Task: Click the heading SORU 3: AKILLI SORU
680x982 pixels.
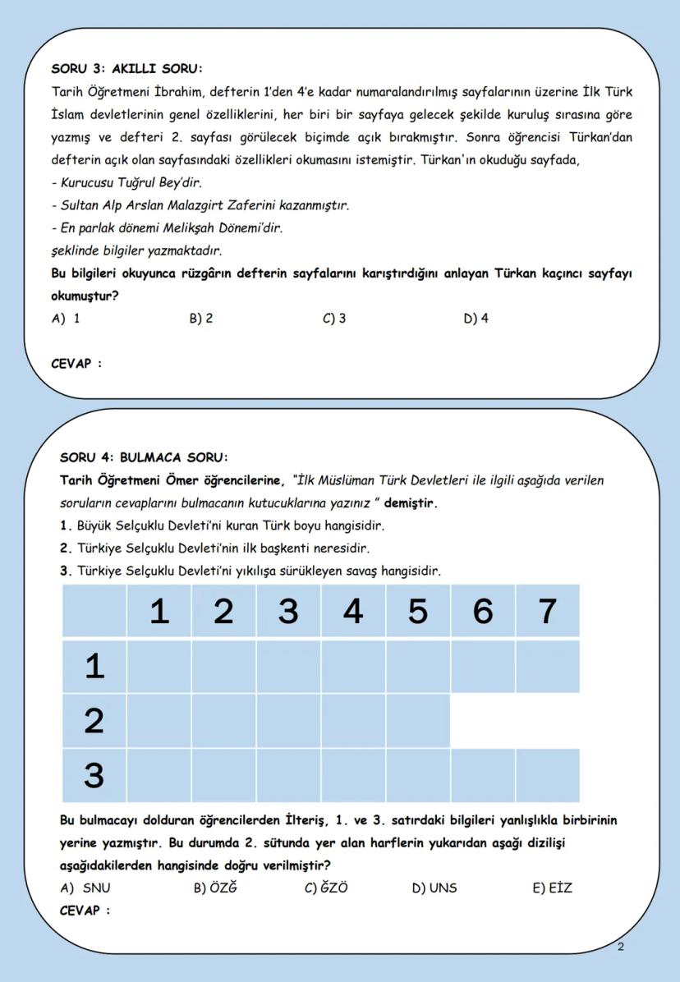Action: [x=126, y=68]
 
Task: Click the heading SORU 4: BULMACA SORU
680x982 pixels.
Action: [x=144, y=457]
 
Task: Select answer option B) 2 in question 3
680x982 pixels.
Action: [x=201, y=319]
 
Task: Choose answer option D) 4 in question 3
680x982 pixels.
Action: [x=476, y=319]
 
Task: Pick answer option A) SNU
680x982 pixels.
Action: [x=86, y=888]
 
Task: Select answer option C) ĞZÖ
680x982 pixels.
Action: [x=326, y=888]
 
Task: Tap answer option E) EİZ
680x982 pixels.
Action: [x=552, y=888]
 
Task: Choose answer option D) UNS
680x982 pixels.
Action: [x=434, y=888]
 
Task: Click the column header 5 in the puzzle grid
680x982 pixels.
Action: [x=418, y=612]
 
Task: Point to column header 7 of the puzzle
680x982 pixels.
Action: [x=547, y=612]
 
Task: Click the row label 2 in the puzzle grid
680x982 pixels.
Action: [x=94, y=721]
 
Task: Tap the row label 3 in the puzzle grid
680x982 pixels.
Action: [x=94, y=775]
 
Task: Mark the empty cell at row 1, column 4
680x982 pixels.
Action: [x=353, y=667]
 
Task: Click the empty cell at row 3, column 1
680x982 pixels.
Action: [x=159, y=775]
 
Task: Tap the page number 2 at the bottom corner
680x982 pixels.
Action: [x=620, y=948]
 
